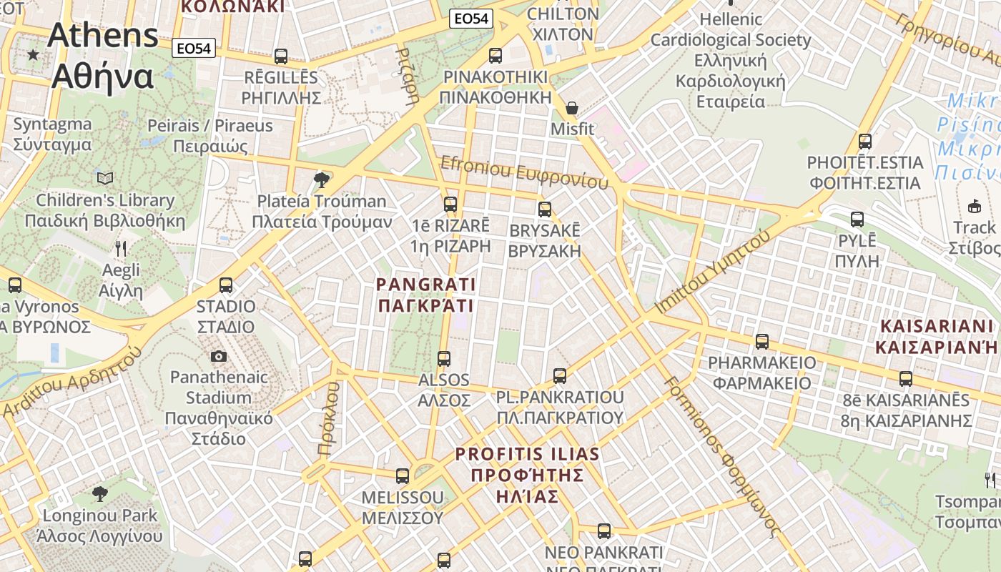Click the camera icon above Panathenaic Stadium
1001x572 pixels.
tap(219, 356)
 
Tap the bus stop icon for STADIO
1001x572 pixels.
tap(226, 285)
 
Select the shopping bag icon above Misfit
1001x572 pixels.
tap(572, 108)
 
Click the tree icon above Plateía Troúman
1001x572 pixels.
tap(322, 179)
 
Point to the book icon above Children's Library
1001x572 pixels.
tap(105, 178)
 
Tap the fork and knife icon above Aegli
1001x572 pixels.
tap(121, 249)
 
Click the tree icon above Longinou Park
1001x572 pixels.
tap(100, 493)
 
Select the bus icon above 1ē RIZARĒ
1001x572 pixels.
tap(450, 204)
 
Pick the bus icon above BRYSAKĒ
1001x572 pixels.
tap(545, 209)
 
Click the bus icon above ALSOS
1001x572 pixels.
tap(444, 358)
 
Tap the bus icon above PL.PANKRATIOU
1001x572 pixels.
tap(560, 375)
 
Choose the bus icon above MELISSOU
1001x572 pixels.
tap(403, 475)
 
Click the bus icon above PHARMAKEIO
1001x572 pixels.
tap(762, 341)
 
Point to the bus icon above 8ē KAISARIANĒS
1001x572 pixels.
tap(906, 378)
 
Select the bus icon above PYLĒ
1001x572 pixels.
tap(857, 220)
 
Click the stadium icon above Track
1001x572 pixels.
tap(974, 207)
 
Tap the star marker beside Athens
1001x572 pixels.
tap(33, 54)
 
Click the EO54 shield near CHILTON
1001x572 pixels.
tap(472, 19)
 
